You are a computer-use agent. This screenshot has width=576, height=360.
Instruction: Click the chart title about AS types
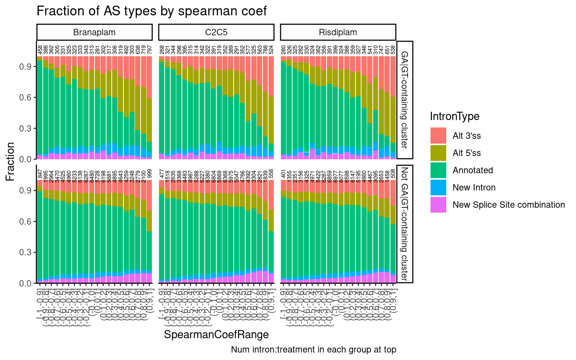[x=151, y=11]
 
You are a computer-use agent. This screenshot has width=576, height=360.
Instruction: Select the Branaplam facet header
[x=94, y=32]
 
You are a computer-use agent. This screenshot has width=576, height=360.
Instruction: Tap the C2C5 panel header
[x=216, y=32]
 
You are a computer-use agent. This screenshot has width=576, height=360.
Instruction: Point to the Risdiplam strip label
[x=338, y=32]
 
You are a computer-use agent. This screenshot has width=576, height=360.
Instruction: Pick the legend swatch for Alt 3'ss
[x=438, y=136]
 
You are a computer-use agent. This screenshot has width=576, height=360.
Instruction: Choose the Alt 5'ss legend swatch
[x=438, y=153]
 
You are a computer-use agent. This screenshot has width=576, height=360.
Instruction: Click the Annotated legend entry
[x=472, y=170]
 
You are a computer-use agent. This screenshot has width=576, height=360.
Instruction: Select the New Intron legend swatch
[x=438, y=187]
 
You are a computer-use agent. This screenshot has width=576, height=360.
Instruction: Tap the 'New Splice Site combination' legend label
[x=508, y=205]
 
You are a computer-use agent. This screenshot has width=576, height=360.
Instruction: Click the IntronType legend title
[x=454, y=116]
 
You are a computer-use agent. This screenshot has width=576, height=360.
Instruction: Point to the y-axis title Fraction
[x=10, y=161]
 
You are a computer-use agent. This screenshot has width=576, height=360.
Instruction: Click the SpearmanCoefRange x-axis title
[x=216, y=334]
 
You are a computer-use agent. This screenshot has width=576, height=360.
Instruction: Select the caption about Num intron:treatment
[x=313, y=350]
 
